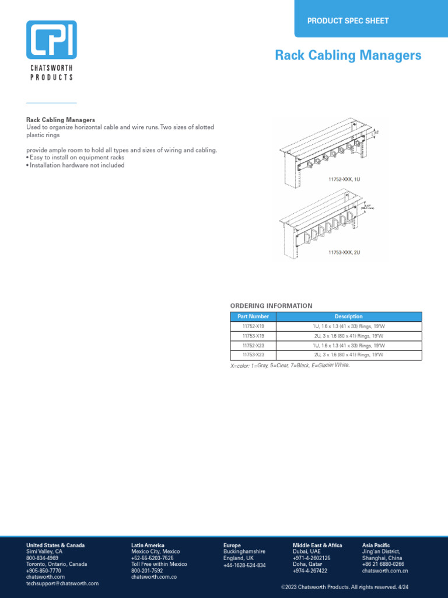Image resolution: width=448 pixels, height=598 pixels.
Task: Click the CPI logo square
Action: click(51, 40)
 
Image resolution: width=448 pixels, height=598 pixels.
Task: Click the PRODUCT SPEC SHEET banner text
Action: click(348, 21)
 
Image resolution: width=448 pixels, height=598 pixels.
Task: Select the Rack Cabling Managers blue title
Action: click(348, 55)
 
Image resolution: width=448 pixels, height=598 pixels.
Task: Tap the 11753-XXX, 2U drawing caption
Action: click(344, 252)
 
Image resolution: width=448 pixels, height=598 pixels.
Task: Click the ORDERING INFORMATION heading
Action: click(271, 306)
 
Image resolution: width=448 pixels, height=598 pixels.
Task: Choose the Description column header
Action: click(348, 317)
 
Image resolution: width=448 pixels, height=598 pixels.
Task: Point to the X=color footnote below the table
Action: click(290, 365)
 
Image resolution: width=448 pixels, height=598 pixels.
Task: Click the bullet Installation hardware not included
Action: click(75, 165)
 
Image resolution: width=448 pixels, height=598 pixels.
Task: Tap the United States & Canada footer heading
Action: click(55, 545)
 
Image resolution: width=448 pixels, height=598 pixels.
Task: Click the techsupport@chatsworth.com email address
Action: click(62, 583)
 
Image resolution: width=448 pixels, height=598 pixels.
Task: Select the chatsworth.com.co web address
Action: click(154, 577)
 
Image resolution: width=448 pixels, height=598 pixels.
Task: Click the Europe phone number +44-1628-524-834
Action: click(244, 565)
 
